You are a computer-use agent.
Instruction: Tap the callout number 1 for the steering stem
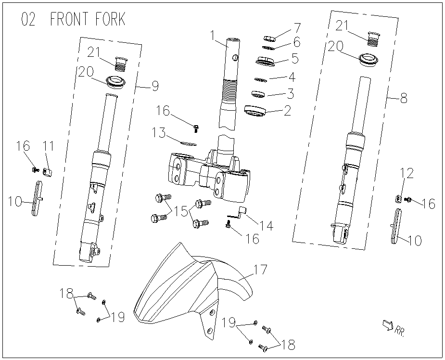tap(213, 36)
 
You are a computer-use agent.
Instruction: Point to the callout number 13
tap(158, 132)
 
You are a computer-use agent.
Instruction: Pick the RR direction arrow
tap(388, 325)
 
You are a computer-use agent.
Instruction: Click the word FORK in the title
tap(110, 19)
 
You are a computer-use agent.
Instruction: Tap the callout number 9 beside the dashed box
tap(155, 86)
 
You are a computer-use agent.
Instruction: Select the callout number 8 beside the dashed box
tap(404, 98)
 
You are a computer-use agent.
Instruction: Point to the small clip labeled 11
tap(49, 172)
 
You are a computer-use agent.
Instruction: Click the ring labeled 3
tap(258, 94)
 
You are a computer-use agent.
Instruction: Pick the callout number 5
tap(295, 58)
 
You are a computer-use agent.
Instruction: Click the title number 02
tap(28, 19)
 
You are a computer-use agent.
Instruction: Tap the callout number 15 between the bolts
tap(181, 212)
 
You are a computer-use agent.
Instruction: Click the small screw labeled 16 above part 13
tap(196, 129)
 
